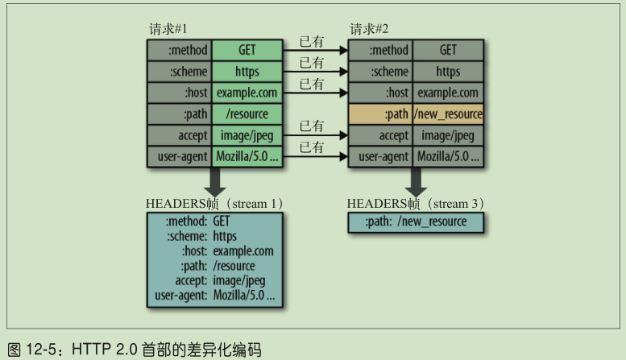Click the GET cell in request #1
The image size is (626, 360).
[247, 50]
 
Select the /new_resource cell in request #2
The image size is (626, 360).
[448, 114]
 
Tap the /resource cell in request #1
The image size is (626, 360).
[247, 114]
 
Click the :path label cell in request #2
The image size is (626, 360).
[380, 114]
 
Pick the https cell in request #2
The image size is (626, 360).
[448, 72]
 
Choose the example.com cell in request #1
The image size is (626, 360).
[247, 93]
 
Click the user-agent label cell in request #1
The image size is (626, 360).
[180, 156]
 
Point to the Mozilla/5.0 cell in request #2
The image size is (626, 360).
[448, 156]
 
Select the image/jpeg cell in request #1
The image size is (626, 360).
[247, 135]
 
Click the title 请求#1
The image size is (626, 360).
[168, 30]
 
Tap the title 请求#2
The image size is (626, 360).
[370, 30]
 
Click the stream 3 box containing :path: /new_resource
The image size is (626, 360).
[415, 222]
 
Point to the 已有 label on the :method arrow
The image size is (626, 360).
[312, 40]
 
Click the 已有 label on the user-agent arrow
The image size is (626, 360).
[312, 147]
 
